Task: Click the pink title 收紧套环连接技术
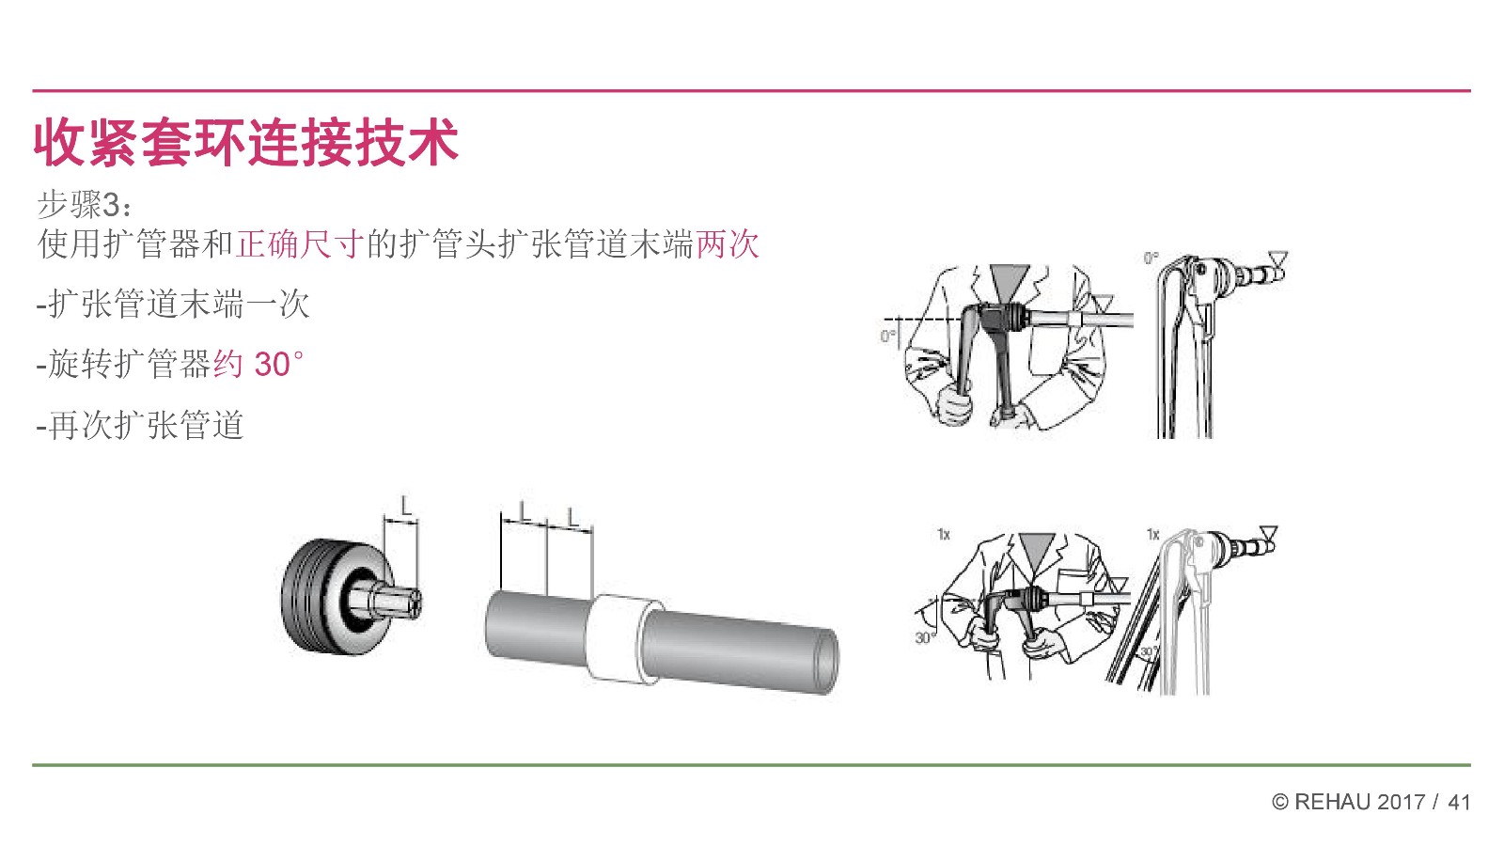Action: (x=245, y=142)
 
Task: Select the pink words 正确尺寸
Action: (x=300, y=243)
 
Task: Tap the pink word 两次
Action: (x=728, y=243)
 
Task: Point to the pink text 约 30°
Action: (x=258, y=365)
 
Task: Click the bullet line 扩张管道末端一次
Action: (x=173, y=305)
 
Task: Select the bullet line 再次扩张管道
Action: (x=140, y=425)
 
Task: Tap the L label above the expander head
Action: (x=405, y=506)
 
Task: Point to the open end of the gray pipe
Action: (x=825, y=662)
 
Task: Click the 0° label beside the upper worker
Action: (x=887, y=335)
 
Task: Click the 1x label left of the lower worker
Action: (x=944, y=535)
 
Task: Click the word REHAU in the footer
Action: (x=1333, y=802)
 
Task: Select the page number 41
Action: (x=1459, y=802)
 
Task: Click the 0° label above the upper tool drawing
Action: (x=1151, y=258)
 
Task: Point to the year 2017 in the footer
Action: (x=1402, y=802)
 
